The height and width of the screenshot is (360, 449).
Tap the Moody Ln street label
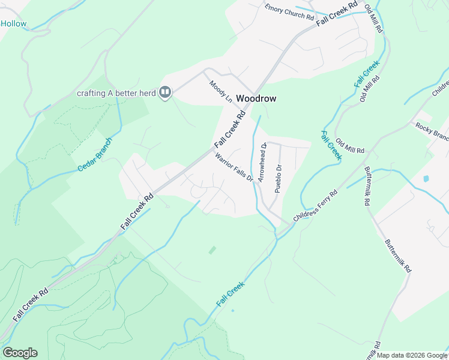tap(220, 91)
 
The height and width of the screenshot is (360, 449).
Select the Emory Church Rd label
tap(290, 12)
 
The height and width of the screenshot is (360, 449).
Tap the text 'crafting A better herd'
tap(116, 93)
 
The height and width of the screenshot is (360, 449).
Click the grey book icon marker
tap(165, 92)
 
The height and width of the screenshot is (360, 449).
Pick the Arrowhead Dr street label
tap(262, 163)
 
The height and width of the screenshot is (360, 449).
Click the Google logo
tap(20, 353)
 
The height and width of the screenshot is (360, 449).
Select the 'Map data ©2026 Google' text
tap(412, 355)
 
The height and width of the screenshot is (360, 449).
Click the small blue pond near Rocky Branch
tap(426, 178)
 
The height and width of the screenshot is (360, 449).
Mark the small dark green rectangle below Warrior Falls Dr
tap(212, 250)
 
